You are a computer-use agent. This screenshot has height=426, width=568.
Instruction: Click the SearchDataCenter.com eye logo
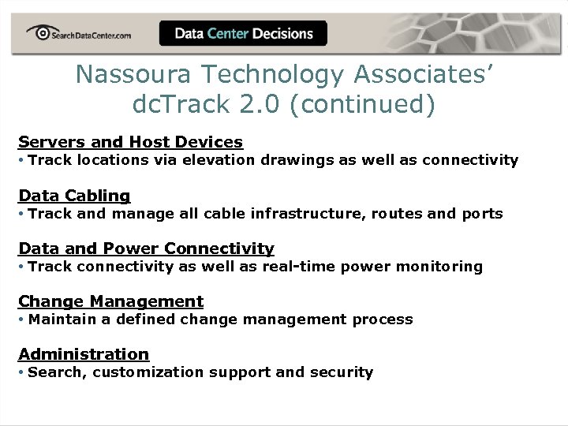point(38,32)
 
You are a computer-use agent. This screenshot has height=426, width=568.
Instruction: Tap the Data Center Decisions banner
point(244,34)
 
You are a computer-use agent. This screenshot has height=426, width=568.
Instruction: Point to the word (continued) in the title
point(362,104)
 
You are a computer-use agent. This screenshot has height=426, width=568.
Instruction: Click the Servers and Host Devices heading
point(130,142)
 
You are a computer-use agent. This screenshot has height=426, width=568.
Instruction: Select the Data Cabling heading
point(74,195)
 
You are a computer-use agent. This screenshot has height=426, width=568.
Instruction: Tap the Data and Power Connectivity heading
point(146,248)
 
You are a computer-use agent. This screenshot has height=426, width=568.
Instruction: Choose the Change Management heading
point(110,301)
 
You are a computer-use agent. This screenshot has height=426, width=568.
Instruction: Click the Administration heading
point(84,354)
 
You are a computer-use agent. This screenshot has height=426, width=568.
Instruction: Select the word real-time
point(300,267)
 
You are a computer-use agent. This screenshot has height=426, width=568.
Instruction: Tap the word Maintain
point(57,319)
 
